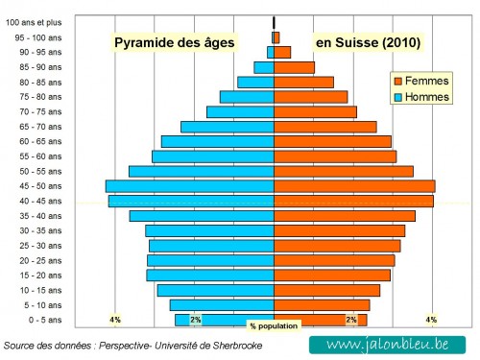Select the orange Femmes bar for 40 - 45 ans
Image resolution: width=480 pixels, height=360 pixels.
353,201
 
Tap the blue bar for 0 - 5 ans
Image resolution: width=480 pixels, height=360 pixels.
225,320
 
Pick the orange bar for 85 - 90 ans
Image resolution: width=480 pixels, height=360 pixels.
294,67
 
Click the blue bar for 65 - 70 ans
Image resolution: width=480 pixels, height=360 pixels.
228,127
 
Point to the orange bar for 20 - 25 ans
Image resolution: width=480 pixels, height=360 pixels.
334,260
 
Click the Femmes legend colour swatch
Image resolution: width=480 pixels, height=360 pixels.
397,81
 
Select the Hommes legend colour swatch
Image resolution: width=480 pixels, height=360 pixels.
397,97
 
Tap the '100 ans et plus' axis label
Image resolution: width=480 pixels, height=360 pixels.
33,22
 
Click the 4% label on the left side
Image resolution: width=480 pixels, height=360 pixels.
115,320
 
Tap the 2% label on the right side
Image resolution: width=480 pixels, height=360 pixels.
351,320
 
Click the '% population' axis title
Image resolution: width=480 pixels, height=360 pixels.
274,326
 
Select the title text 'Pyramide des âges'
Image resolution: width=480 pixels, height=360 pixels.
174,43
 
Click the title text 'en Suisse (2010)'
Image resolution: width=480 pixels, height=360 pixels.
368,43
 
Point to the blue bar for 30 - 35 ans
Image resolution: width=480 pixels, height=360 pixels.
209,230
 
